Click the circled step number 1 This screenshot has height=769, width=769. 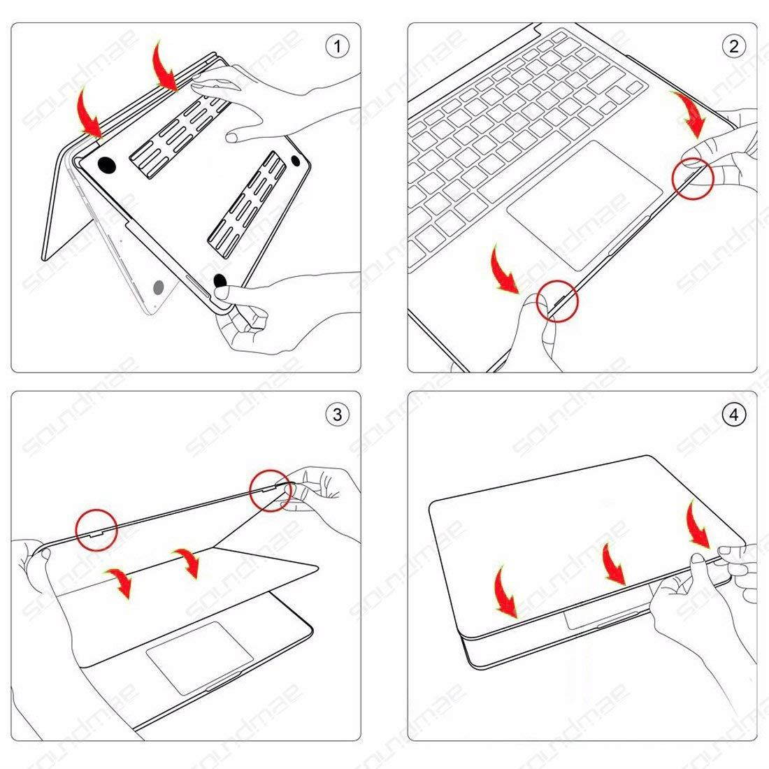(x=338, y=47)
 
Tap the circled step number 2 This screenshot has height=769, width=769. (x=733, y=47)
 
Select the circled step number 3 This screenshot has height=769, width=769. (x=338, y=415)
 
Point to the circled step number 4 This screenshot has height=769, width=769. (x=733, y=415)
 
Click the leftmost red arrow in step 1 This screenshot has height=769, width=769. (x=89, y=112)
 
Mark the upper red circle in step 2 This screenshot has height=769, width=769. (x=692, y=177)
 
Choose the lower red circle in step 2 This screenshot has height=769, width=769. (x=558, y=301)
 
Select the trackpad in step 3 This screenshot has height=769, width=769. (x=200, y=654)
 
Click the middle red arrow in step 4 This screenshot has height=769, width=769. (x=613, y=563)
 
